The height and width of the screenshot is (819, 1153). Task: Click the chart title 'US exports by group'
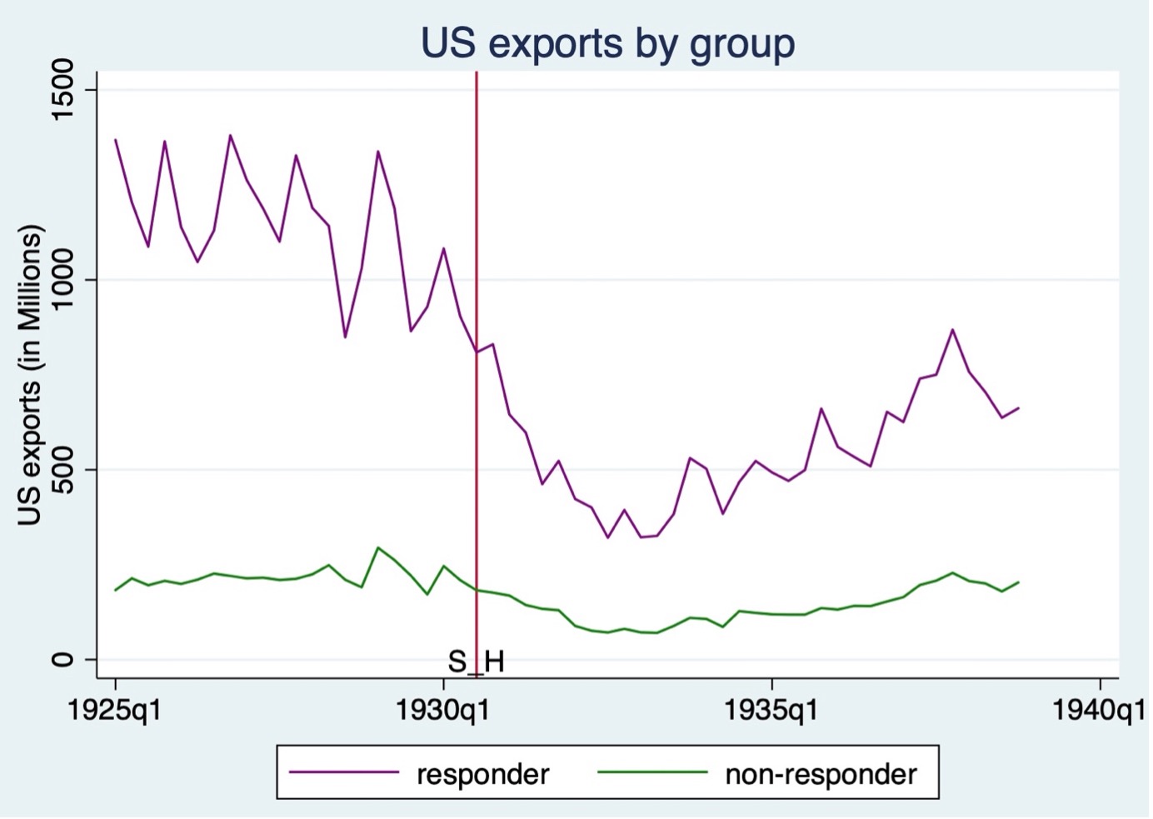[607, 43]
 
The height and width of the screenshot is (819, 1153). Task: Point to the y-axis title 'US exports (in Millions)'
[29, 375]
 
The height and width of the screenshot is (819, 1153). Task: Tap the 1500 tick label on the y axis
[62, 90]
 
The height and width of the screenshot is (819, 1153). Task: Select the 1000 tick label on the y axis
[62, 280]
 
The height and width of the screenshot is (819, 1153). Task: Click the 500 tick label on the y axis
[62, 470]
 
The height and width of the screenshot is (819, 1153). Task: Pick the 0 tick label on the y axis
[62, 660]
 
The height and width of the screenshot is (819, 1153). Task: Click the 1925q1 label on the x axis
[115, 711]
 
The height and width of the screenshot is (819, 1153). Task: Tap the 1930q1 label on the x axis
[443, 711]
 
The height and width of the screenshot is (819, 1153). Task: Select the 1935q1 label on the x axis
[771, 711]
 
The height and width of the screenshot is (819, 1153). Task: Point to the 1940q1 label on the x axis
[1099, 711]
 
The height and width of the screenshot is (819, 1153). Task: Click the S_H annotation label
[476, 662]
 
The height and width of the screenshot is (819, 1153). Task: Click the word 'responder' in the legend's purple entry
[482, 775]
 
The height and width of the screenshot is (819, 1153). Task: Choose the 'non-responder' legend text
[821, 775]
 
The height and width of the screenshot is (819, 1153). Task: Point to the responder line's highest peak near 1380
[231, 135]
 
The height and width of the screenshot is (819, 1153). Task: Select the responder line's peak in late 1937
[952, 330]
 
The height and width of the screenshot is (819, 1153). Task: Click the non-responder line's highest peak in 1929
[378, 547]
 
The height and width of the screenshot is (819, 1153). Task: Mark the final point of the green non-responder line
[1018, 582]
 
